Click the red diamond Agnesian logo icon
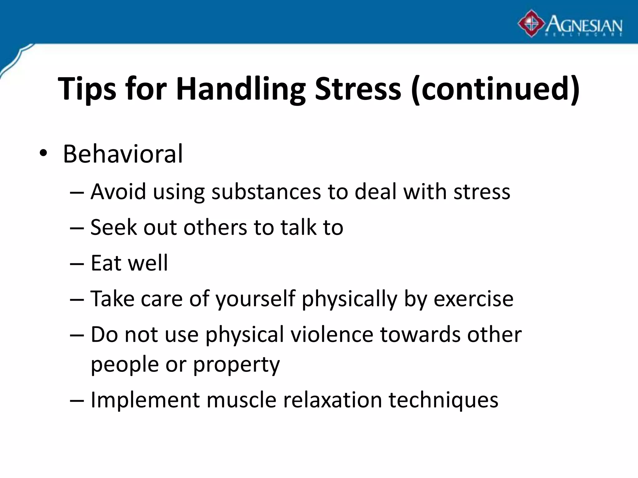click(x=531, y=24)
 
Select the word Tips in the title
click(x=87, y=89)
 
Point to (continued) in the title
click(x=495, y=89)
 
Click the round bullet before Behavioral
click(x=43, y=154)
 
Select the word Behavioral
click(x=123, y=154)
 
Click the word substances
click(x=266, y=192)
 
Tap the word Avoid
click(x=118, y=192)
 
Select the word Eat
click(x=106, y=263)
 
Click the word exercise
click(x=473, y=299)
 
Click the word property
click(x=236, y=365)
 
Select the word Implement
click(x=145, y=400)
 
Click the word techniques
click(x=443, y=400)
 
